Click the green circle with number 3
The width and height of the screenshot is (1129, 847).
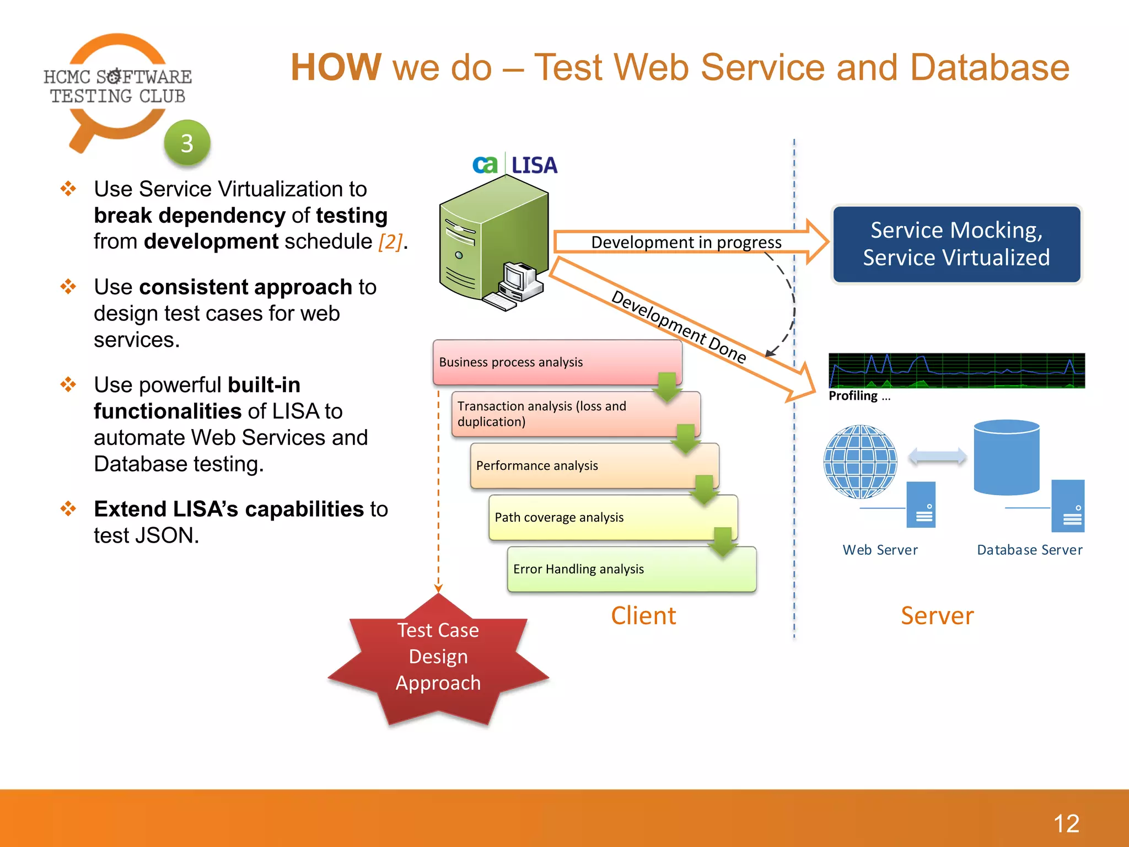tap(187, 143)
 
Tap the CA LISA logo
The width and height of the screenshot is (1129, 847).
tap(515, 165)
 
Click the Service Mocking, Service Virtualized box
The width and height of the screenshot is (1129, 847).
tap(956, 244)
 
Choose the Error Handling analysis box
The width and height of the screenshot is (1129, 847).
tap(631, 569)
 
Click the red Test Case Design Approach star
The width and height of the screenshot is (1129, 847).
tap(438, 659)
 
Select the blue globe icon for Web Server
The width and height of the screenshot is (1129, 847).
tap(860, 462)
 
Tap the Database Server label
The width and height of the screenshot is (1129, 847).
tap(1029, 550)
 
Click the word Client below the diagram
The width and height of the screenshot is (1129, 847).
tap(643, 615)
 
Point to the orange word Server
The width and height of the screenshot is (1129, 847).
tap(937, 615)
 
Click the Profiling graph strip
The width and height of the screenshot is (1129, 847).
tap(956, 371)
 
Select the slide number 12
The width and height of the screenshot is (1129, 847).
tap(1066, 824)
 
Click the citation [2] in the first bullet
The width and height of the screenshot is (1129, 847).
tap(390, 242)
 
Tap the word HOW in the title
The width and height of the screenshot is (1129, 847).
tap(336, 67)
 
